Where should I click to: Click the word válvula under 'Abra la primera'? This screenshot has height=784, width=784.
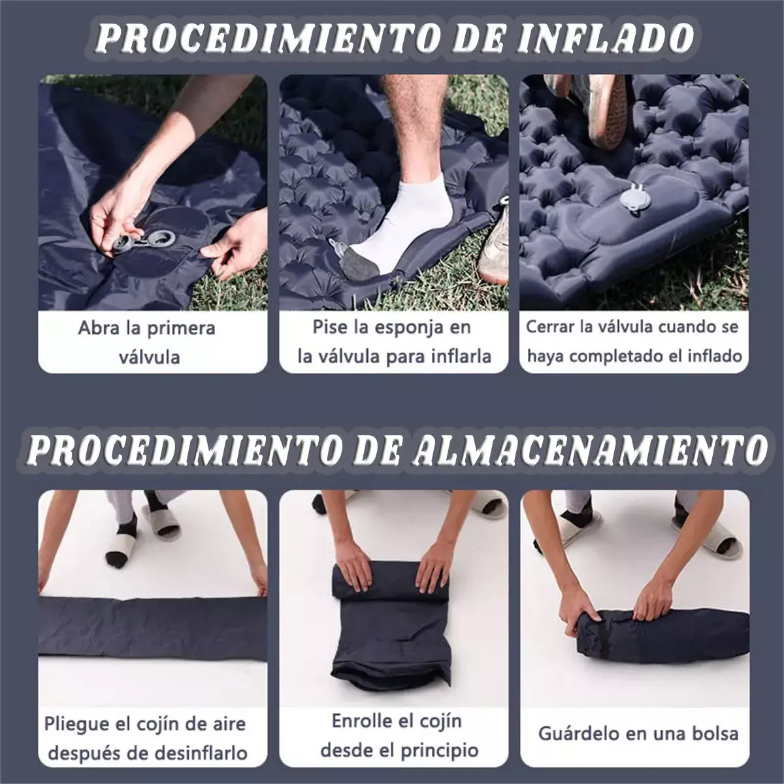[150, 358]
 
